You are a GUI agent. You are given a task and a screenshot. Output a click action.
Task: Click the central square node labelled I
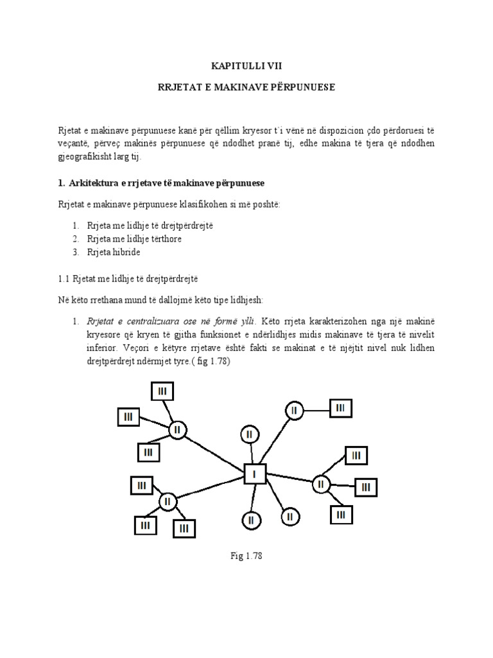[254, 475]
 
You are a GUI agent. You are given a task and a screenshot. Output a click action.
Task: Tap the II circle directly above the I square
[249, 434]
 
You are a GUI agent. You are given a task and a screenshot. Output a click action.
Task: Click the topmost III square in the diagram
[162, 391]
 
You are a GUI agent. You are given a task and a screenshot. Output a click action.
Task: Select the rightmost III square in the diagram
[365, 487]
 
